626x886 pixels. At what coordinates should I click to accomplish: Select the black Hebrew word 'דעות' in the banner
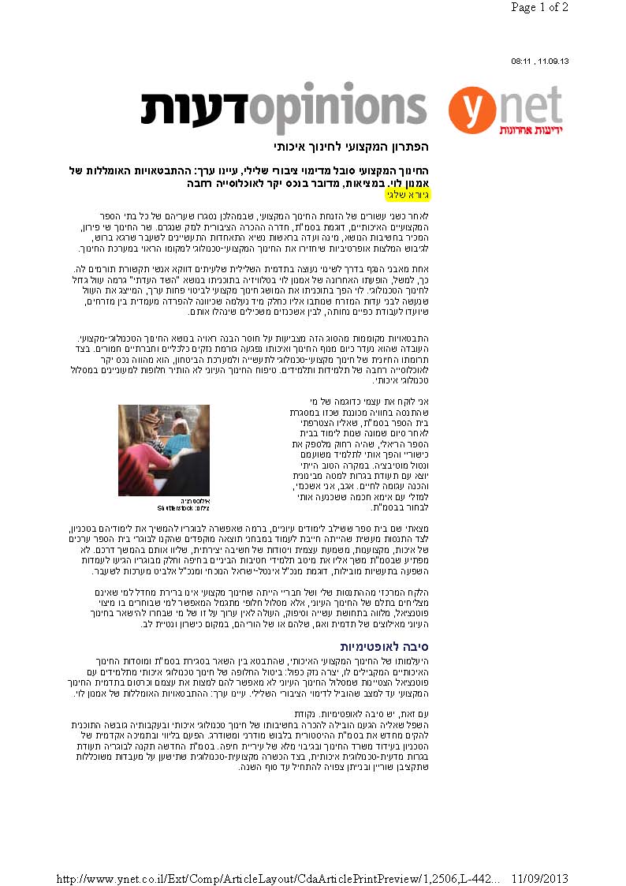coord(194,108)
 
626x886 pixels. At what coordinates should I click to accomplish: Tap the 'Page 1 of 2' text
coord(539,8)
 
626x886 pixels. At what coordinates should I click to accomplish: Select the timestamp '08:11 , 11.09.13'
coord(540,61)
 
